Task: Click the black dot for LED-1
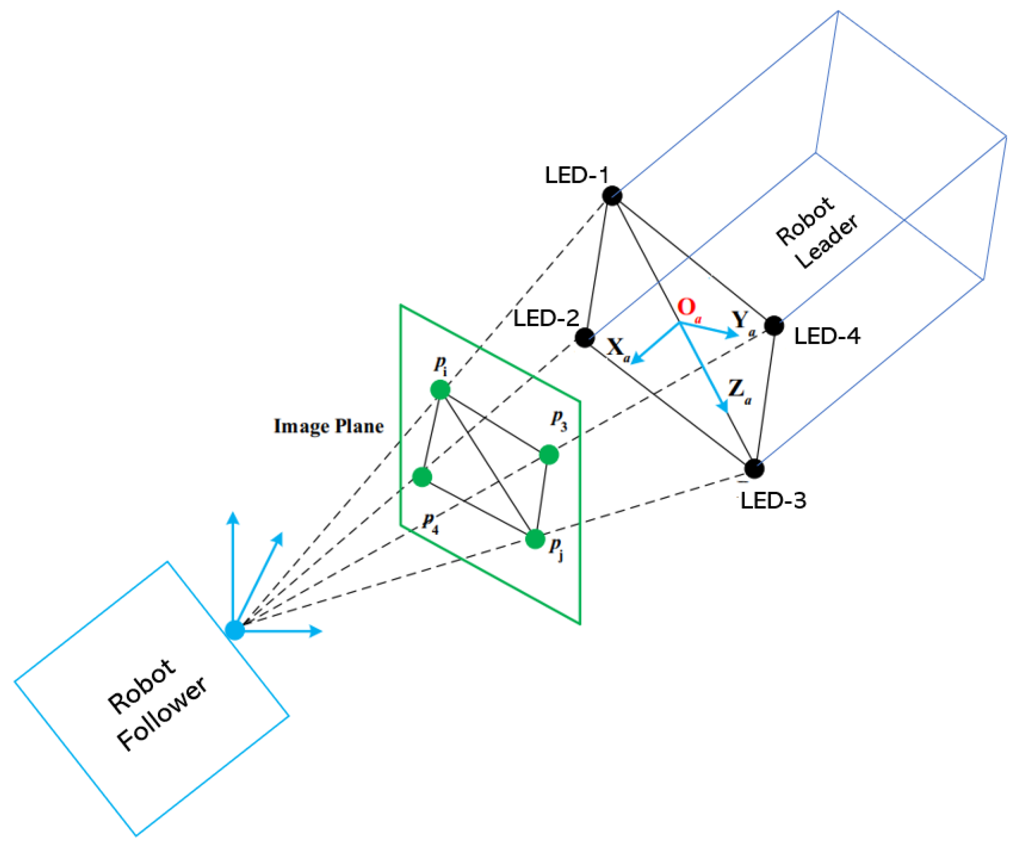click(612, 195)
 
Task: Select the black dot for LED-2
click(585, 337)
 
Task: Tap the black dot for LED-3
click(754, 468)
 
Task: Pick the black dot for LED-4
click(774, 325)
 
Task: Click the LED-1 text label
click(577, 175)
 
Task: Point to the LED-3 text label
click(773, 500)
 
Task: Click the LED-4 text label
click(827, 336)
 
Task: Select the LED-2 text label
click(546, 319)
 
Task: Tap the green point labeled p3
click(549, 454)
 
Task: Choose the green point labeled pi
click(440, 390)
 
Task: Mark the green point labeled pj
click(535, 538)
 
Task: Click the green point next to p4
click(422, 477)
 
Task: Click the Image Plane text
click(329, 426)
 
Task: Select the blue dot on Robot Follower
click(235, 630)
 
